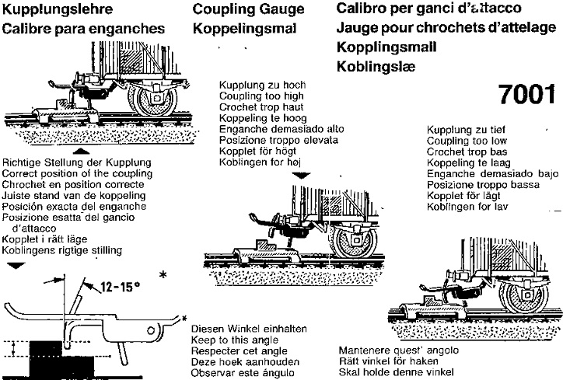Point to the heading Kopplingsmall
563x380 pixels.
click(387, 47)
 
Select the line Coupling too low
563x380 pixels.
click(467, 141)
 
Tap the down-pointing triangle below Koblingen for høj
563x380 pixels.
click(302, 176)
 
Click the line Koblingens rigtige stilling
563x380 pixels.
click(63, 250)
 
